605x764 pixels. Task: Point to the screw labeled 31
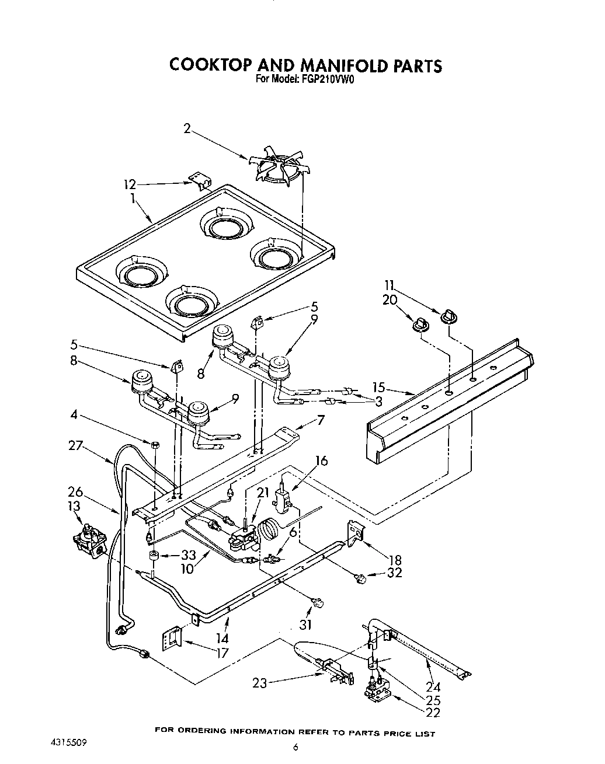click(x=319, y=603)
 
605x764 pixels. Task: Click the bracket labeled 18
click(x=356, y=532)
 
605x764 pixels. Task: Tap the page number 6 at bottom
click(x=296, y=747)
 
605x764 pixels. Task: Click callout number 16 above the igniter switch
click(x=321, y=461)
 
